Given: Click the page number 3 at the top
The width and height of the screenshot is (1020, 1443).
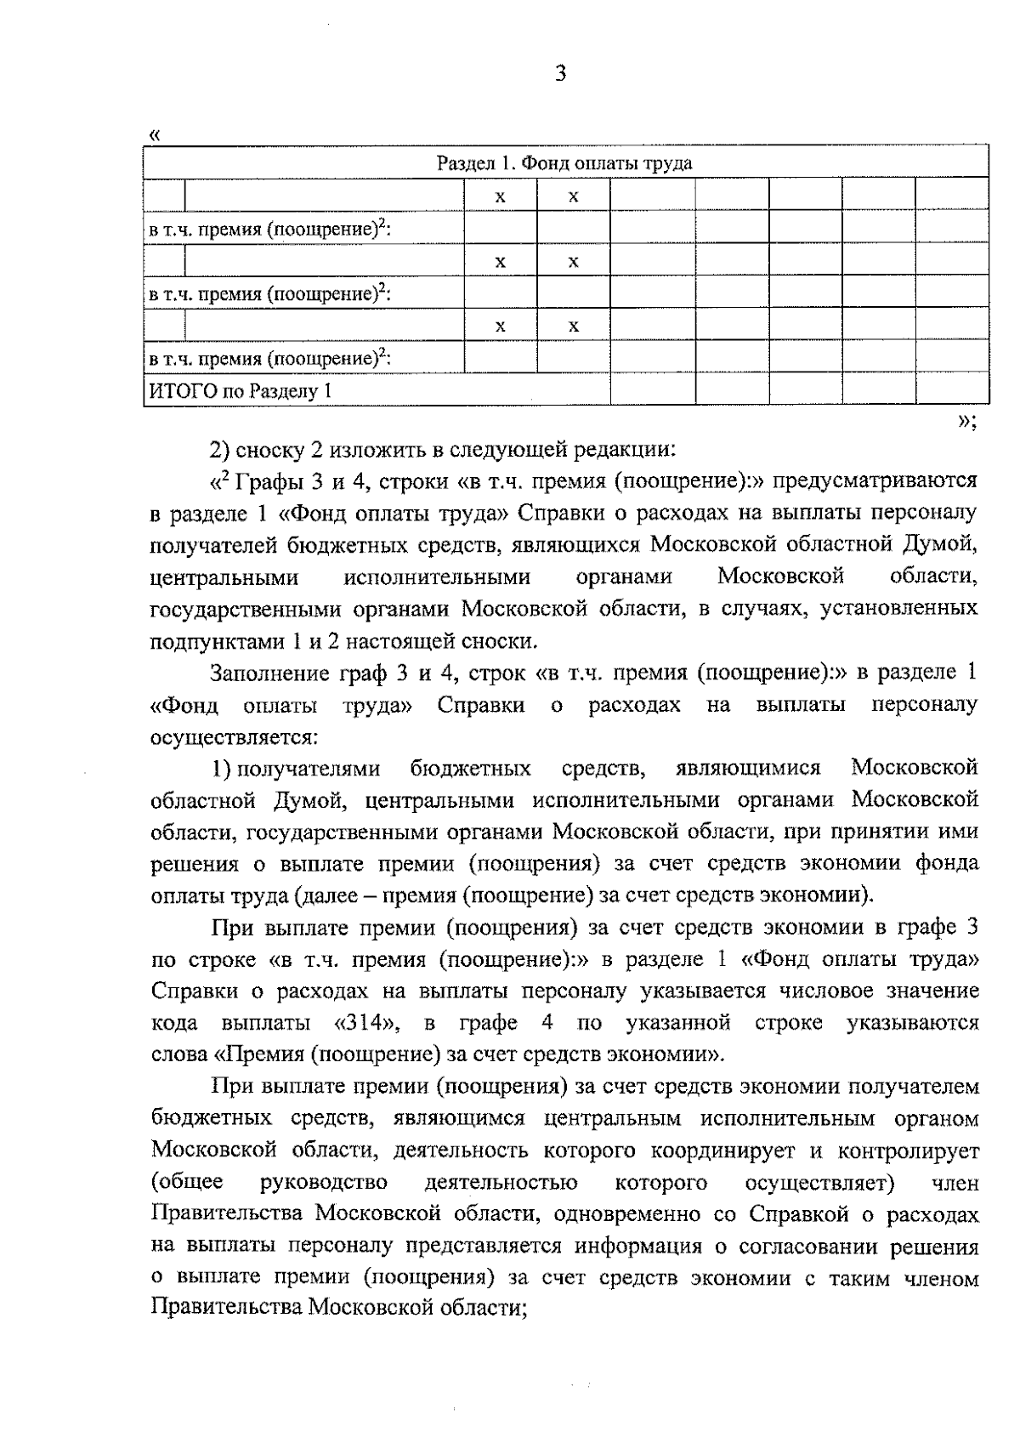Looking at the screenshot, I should (559, 74).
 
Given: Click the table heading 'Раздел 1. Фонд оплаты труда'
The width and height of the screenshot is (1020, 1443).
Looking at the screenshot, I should (564, 163).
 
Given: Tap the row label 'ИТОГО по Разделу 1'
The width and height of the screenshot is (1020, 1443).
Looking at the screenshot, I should (241, 391).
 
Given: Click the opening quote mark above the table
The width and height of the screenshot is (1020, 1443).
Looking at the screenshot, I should (154, 134).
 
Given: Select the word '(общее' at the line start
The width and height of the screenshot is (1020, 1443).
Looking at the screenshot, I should (187, 1182).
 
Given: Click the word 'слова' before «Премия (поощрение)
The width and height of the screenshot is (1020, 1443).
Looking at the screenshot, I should (178, 1054).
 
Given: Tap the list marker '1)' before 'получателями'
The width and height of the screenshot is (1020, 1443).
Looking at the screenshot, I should (223, 769).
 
